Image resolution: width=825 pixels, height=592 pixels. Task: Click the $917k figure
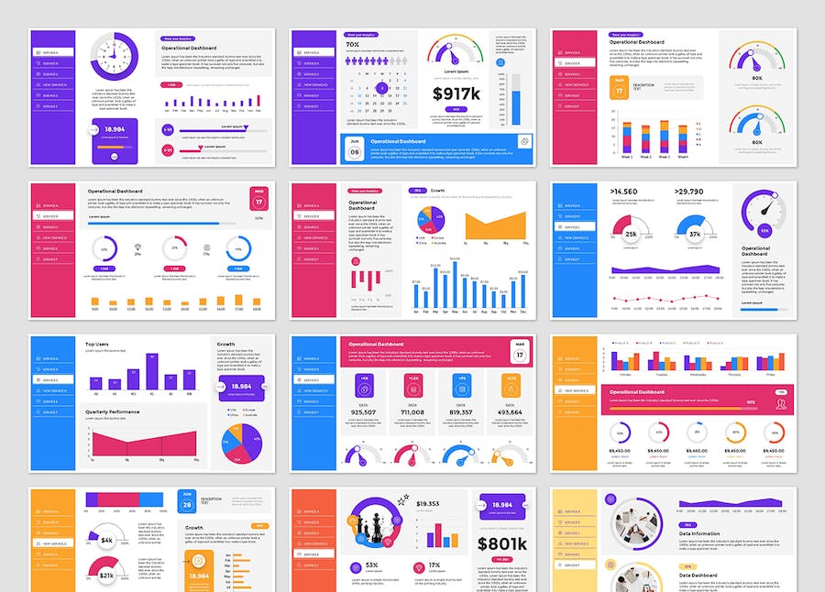point(456,93)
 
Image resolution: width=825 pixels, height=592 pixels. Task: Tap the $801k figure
point(501,543)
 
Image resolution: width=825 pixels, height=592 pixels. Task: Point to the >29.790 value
point(691,192)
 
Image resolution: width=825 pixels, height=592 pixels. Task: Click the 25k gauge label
point(632,236)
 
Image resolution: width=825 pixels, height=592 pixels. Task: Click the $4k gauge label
point(107,541)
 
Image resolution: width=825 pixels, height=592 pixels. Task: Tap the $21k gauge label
point(107,576)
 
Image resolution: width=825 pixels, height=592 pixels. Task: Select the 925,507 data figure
point(364,412)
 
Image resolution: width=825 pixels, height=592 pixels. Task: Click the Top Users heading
point(98,345)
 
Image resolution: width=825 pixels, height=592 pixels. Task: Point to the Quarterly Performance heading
point(113,411)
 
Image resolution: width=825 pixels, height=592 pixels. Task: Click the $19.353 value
point(428,504)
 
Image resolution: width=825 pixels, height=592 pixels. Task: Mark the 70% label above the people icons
point(352,44)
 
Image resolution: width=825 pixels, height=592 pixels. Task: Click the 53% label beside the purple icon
point(372,565)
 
